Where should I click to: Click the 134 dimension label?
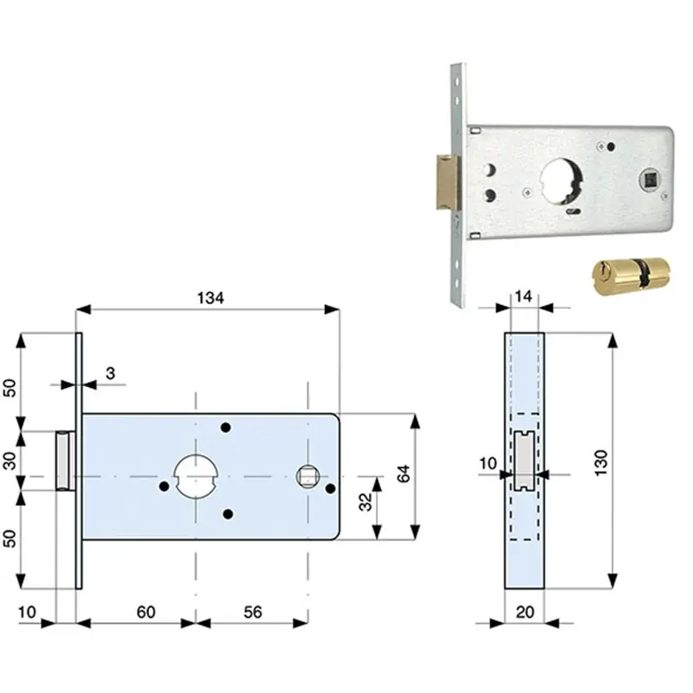pyautogui.click(x=210, y=298)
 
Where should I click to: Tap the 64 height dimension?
pyautogui.click(x=404, y=473)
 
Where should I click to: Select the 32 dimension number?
pyautogui.click(x=366, y=502)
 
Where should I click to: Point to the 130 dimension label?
pyautogui.click(x=601, y=463)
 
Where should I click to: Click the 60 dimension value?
pyautogui.click(x=146, y=612)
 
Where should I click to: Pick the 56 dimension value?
pyautogui.click(x=253, y=612)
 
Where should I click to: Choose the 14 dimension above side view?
pyautogui.click(x=523, y=296)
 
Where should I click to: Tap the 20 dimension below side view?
pyautogui.click(x=525, y=612)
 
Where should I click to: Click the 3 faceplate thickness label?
pyautogui.click(x=111, y=373)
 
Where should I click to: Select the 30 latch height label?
pyautogui.click(x=10, y=461)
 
